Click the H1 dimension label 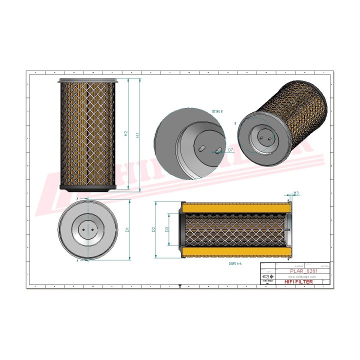click(x=137, y=134)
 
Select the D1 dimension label click(x=127, y=229)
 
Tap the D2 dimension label click(x=154, y=229)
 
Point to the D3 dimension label click(x=167, y=229)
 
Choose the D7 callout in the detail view click(x=230, y=150)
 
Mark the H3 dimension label click(x=296, y=193)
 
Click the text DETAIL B click(x=216, y=111)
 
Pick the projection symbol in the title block click(x=268, y=276)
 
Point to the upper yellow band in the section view click(x=235, y=206)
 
